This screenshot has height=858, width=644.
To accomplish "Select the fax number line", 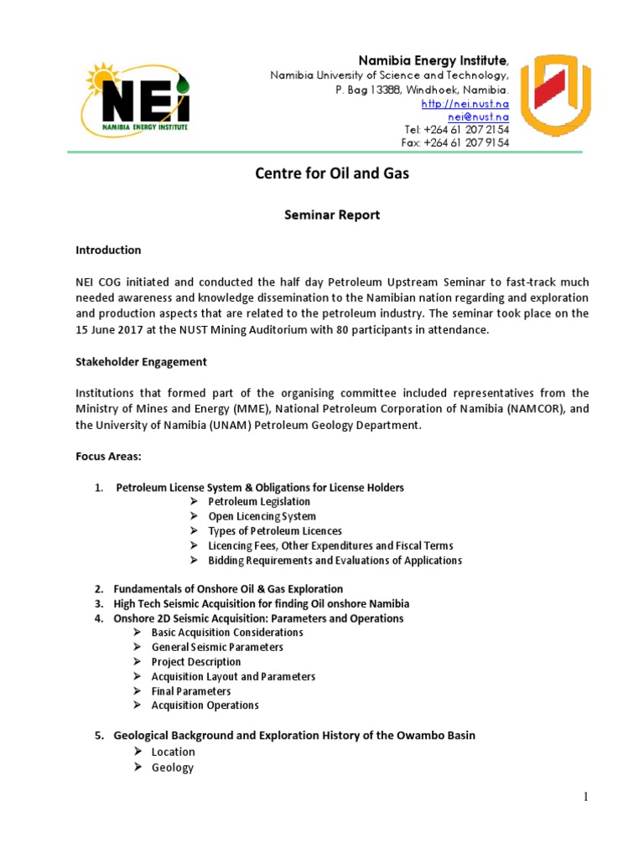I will (455, 142).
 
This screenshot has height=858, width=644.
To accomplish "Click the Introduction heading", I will (108, 251).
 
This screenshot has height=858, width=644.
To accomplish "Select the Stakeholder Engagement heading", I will (141, 363).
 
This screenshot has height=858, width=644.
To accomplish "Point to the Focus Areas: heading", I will (108, 457).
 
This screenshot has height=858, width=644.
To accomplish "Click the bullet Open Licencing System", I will (262, 516).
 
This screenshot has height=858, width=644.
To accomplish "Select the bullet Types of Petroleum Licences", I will (275, 531).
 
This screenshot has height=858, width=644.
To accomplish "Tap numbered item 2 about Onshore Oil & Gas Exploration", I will (228, 589).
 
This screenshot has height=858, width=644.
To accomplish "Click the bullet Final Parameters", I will (191, 691).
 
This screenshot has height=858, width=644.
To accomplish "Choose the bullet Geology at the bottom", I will (172, 768).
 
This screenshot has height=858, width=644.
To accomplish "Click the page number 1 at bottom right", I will (587, 797).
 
